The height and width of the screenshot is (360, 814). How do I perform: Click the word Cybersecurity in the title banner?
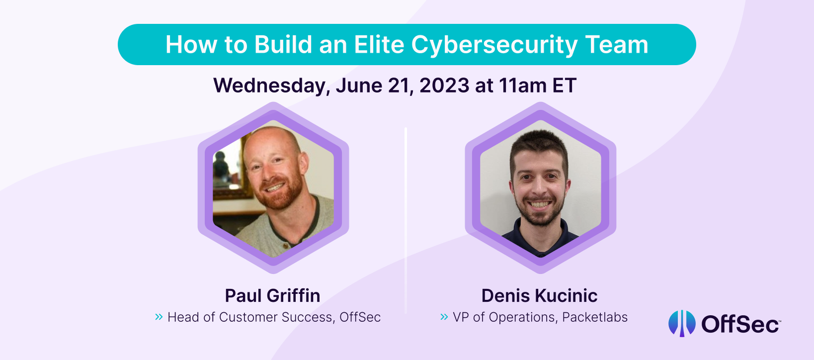[494, 45]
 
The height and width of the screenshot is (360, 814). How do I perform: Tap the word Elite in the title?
[379, 44]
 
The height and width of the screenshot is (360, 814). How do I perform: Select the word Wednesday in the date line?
[271, 86]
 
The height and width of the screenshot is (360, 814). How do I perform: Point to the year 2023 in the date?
[444, 86]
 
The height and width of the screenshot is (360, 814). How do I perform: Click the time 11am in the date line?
[523, 86]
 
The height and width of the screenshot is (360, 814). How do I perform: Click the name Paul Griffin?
[272, 295]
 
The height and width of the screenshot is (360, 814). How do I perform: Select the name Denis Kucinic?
[539, 295]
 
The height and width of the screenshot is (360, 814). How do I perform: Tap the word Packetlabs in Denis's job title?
[594, 317]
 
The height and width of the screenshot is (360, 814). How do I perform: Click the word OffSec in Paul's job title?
[360, 317]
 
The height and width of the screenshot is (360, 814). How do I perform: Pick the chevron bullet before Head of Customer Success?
[159, 317]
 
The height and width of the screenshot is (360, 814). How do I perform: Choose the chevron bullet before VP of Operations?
[444, 317]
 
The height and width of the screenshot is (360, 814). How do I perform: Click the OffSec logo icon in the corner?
[682, 323]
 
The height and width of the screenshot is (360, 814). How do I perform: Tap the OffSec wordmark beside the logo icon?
[740, 324]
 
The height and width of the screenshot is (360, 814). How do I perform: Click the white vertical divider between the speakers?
[406, 220]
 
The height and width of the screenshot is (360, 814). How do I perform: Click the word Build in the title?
[283, 44]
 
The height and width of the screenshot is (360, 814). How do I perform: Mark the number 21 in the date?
[400, 86]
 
